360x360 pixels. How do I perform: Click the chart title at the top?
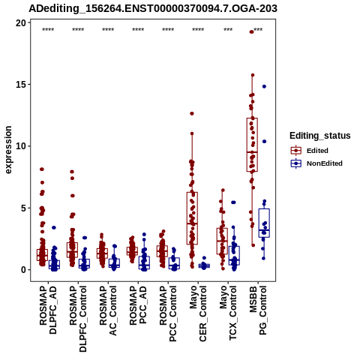pyautogui.click(x=153, y=8)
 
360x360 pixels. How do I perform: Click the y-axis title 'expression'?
pyautogui.click(x=8, y=150)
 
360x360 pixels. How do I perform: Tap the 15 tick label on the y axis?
pyautogui.click(x=21, y=85)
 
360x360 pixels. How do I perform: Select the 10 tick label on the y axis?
pyautogui.click(x=21, y=146)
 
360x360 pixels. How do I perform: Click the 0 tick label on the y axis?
pyautogui.click(x=23, y=270)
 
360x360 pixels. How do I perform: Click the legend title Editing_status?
pyautogui.click(x=319, y=136)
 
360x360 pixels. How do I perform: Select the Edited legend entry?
pyautogui.click(x=309, y=151)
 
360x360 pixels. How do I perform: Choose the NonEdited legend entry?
pyautogui.click(x=316, y=163)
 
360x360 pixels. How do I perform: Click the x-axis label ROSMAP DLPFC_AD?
pyautogui.click(x=48, y=310)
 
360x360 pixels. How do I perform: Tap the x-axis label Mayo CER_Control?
pyautogui.click(x=198, y=313)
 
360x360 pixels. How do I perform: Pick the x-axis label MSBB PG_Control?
pyautogui.click(x=258, y=310)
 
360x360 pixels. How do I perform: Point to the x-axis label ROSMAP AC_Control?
pyautogui.click(x=108, y=310)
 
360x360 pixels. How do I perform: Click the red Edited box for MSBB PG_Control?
pyautogui.click(x=252, y=145)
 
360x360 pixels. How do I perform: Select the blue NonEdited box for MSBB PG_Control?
pyautogui.click(x=264, y=223)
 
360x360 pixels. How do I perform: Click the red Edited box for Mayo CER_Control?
pyautogui.click(x=192, y=218)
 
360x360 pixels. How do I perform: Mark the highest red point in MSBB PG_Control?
pyautogui.click(x=251, y=31)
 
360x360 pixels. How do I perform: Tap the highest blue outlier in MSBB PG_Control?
pyautogui.click(x=264, y=86)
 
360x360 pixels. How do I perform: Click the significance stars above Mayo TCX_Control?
pyautogui.click(x=228, y=29)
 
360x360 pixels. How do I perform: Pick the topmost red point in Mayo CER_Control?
pyautogui.click(x=192, y=113)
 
